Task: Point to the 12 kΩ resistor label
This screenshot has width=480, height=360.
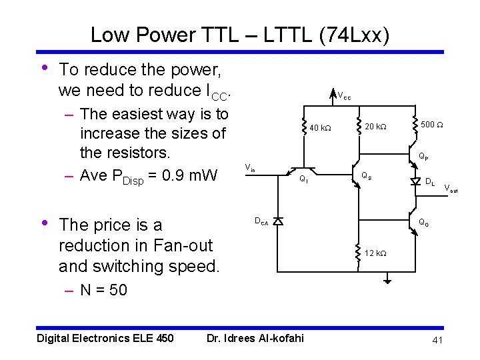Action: pos(375,253)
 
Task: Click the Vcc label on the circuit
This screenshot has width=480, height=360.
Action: pos(344,96)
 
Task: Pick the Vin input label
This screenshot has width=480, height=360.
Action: pos(249,167)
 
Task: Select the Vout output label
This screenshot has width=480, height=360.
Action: pos(451,189)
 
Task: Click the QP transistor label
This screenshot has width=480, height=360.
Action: pos(423,157)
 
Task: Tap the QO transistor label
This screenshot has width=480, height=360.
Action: pos(423,223)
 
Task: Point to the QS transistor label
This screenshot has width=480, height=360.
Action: pos(366,177)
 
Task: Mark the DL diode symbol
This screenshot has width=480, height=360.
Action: pos(416,181)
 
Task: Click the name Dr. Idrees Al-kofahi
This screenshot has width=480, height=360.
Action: pos(255,338)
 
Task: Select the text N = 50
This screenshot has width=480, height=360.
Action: pos(103,290)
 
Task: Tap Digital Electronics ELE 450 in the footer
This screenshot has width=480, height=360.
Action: pos(105,338)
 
